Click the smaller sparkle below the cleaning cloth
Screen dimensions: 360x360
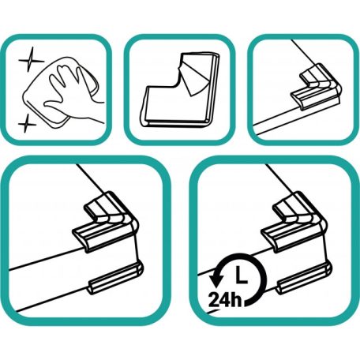click(27, 123)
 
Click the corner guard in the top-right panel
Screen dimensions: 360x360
click(316, 86)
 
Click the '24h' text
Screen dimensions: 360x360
click(224, 299)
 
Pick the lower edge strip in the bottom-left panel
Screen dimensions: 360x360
click(116, 278)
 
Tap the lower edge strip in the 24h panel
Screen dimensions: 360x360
click(304, 278)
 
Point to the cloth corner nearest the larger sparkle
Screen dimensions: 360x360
click(61, 60)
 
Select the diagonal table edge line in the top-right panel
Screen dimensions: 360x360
click(303, 51)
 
